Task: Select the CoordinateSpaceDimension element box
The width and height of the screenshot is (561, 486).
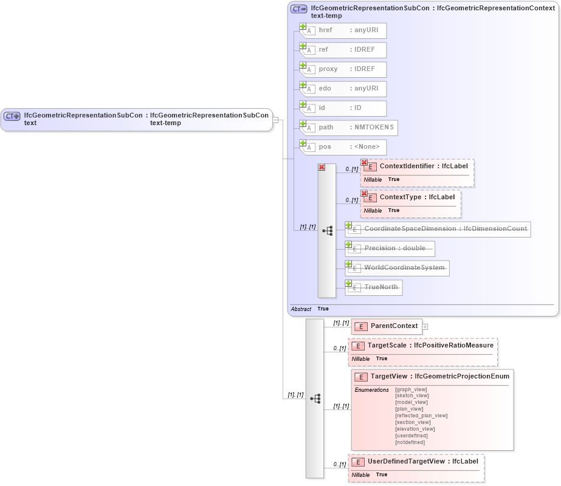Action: point(438,230)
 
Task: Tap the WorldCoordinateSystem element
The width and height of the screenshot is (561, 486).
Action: point(398,268)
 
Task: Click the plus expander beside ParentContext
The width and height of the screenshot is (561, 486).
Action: point(425,327)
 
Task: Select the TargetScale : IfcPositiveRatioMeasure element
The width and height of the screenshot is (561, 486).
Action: point(425,345)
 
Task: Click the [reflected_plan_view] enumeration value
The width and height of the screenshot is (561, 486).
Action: point(421,416)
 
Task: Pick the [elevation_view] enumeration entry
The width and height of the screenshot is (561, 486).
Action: point(415,429)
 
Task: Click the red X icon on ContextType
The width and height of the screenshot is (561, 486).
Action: point(365,194)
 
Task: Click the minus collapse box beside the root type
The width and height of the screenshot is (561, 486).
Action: point(275,120)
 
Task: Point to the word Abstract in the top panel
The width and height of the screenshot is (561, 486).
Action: point(301,309)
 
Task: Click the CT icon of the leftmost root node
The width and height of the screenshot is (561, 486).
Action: point(12,115)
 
